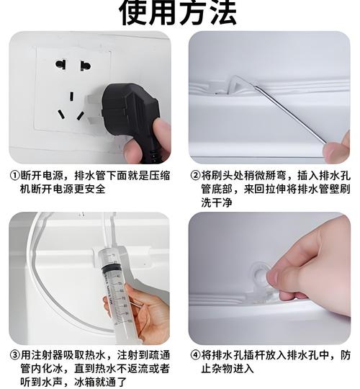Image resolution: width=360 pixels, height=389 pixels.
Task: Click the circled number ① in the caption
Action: point(14,176)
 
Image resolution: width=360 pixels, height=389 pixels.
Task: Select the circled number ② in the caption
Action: point(195,176)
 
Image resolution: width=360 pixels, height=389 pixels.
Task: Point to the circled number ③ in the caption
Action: point(14,355)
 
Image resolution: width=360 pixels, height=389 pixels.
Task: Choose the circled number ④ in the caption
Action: point(195,355)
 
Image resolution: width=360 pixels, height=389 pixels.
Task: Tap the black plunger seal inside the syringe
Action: point(112,269)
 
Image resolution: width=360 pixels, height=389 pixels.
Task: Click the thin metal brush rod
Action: point(288,112)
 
